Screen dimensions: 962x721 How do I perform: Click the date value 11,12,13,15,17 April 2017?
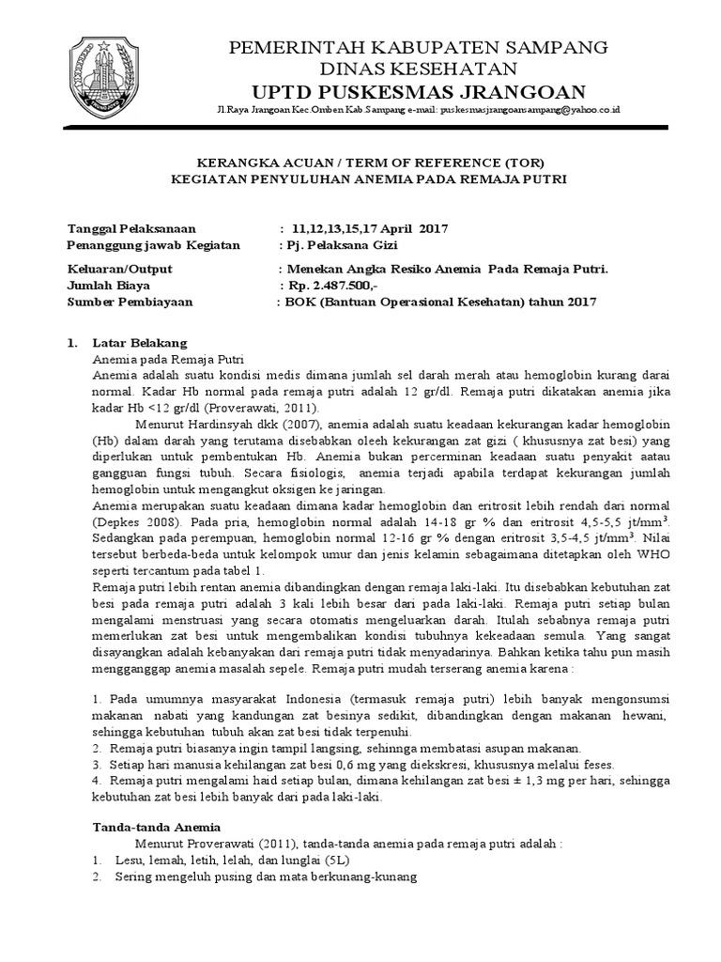click(x=371, y=228)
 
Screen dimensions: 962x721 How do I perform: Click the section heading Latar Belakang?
click(x=139, y=342)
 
